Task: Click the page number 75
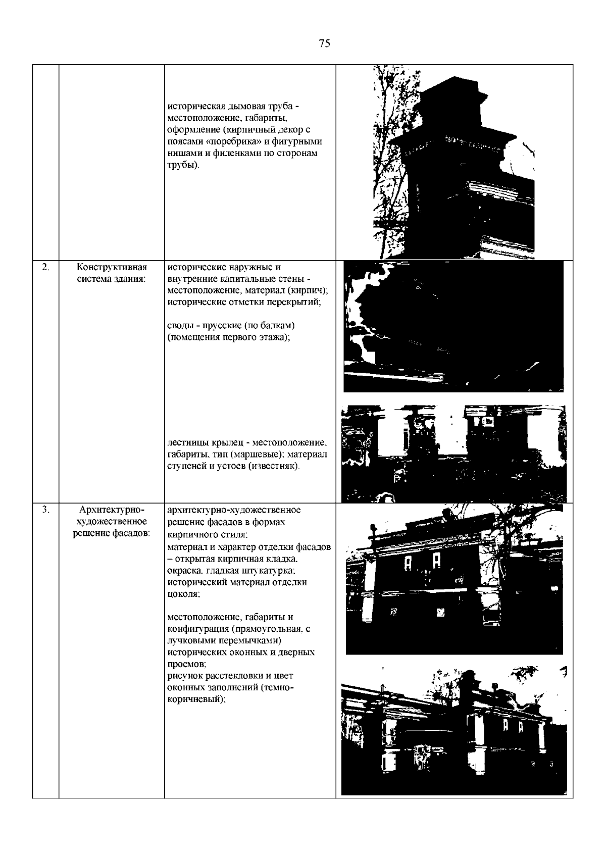point(324,43)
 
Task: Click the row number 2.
point(45,267)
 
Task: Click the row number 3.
point(45,510)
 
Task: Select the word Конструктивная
point(112,268)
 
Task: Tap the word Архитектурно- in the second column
point(112,510)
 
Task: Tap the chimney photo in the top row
point(453,162)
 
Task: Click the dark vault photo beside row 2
point(453,326)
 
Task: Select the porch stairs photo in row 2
point(453,454)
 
